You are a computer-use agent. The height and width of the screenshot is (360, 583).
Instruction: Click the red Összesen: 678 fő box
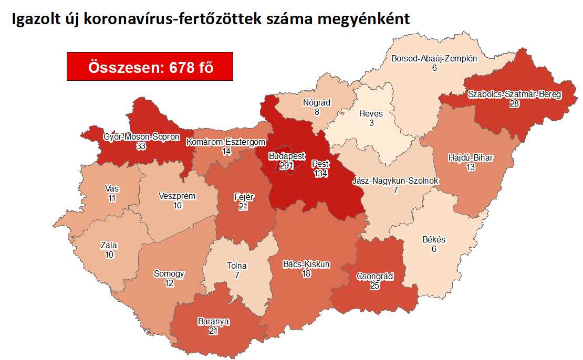(150, 66)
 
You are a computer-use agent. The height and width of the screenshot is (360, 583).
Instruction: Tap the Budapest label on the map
(286, 156)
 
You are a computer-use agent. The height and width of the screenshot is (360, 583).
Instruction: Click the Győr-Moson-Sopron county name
(141, 137)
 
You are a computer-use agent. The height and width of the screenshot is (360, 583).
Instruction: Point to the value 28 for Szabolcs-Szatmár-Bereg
(514, 104)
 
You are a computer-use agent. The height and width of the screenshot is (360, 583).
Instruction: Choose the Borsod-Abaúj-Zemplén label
(434, 58)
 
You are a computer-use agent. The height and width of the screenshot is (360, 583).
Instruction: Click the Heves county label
(371, 113)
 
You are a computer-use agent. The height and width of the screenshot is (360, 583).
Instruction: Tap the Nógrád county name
(316, 102)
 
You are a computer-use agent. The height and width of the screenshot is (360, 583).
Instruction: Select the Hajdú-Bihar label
(471, 157)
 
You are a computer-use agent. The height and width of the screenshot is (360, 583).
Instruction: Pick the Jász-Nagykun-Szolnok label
(395, 181)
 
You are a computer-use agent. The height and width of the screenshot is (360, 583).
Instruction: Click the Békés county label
(433, 240)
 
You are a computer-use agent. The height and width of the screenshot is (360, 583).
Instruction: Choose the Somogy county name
(169, 273)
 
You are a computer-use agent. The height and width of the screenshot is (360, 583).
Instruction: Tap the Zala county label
(109, 245)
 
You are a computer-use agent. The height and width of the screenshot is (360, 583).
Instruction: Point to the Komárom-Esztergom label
(226, 142)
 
